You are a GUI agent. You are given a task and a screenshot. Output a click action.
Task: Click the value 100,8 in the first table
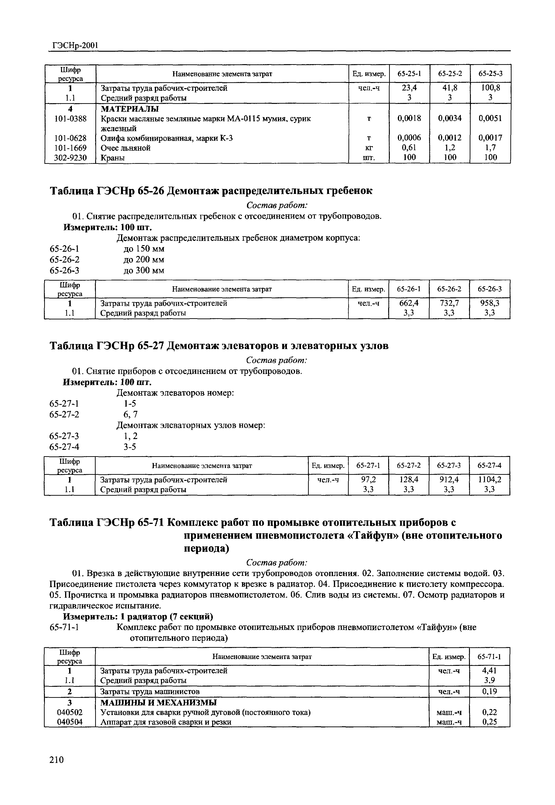pyautogui.click(x=490, y=88)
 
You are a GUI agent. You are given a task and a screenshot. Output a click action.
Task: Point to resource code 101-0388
pyautogui.click(x=70, y=119)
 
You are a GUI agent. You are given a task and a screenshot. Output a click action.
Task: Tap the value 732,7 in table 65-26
pyautogui.click(x=449, y=303)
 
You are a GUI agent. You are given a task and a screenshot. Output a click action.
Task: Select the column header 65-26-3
pyautogui.click(x=490, y=289)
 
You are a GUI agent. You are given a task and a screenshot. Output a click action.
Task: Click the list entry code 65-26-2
pyautogui.click(x=64, y=259)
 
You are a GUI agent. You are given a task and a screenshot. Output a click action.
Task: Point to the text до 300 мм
pyautogui.click(x=144, y=270)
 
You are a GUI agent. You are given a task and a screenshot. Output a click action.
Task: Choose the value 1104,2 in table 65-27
pyautogui.click(x=490, y=480)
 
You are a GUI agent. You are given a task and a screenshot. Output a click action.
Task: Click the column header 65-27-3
pyautogui.click(x=449, y=465)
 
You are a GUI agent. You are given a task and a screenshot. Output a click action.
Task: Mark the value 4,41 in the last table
pyautogui.click(x=490, y=670)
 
